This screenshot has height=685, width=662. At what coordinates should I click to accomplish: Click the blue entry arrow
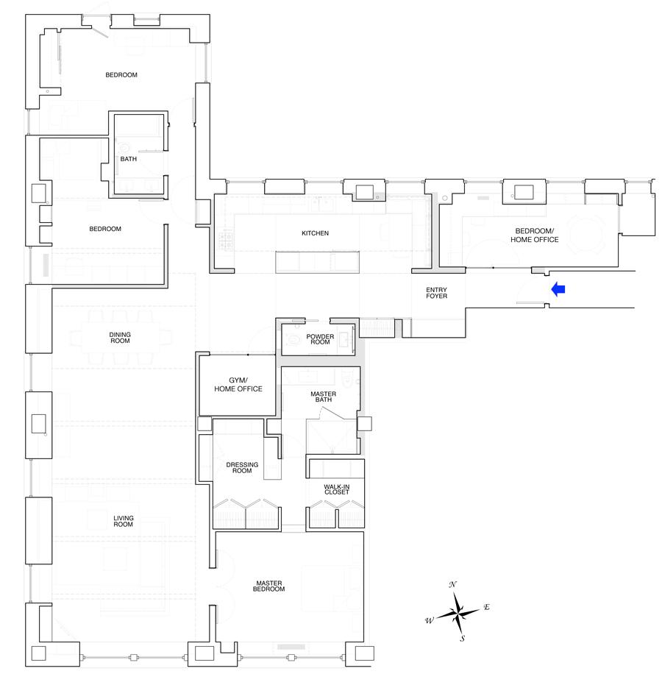tap(558, 289)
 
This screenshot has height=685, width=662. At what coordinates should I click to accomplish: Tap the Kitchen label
tap(315, 233)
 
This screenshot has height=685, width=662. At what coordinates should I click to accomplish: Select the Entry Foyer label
tap(437, 293)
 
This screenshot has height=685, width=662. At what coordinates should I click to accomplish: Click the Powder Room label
tap(320, 339)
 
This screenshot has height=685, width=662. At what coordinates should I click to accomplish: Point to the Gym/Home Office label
tap(238, 384)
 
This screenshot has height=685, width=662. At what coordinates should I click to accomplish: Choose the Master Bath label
tap(323, 397)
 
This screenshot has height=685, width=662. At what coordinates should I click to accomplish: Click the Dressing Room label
tap(242, 467)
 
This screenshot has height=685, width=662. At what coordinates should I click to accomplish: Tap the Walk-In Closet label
tap(337, 489)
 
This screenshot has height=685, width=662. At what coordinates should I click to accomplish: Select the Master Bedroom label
tap(269, 586)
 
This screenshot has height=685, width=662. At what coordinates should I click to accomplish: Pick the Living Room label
tap(123, 521)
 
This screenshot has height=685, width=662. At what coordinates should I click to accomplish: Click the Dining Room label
tap(120, 338)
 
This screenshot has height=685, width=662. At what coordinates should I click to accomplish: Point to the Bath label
tap(129, 159)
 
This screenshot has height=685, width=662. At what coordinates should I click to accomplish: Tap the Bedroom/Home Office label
tap(535, 235)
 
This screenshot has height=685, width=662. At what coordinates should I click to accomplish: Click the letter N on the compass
tap(453, 584)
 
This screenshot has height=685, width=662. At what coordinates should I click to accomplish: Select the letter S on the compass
tap(463, 638)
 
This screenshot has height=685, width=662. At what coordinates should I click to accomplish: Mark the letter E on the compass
tap(486, 607)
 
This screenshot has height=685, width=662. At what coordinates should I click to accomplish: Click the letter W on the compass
tap(430, 620)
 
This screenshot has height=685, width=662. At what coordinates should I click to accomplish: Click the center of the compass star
tap(458, 612)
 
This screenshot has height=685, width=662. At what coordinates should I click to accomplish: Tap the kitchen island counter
tap(318, 262)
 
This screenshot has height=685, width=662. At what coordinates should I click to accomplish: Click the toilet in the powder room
tap(294, 338)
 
